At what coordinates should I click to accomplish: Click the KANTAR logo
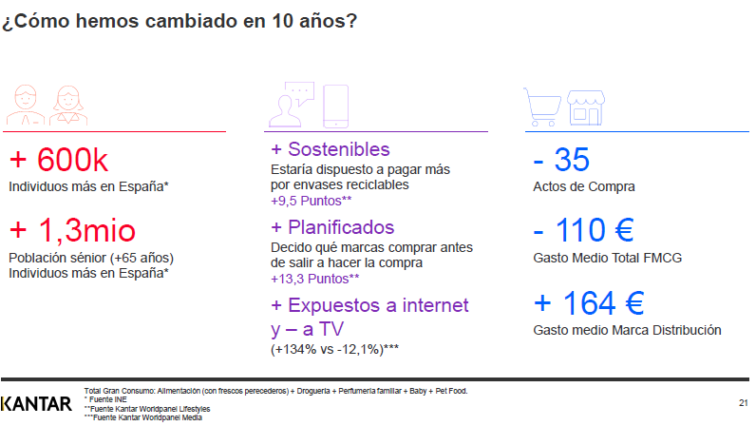pyautogui.click(x=36, y=404)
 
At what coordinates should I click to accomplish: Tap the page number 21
pyautogui.click(x=743, y=403)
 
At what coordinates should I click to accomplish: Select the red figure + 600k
pyautogui.click(x=58, y=160)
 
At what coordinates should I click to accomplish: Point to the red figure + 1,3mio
pyautogui.click(x=72, y=230)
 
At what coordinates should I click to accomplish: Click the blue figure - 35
pyautogui.click(x=561, y=160)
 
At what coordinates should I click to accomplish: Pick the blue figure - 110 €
pyautogui.click(x=583, y=230)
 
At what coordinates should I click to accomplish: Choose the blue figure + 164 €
pyautogui.click(x=589, y=303)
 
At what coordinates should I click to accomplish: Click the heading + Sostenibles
pyautogui.click(x=331, y=149)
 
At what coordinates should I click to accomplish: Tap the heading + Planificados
pyautogui.click(x=332, y=227)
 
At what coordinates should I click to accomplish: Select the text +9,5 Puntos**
pyautogui.click(x=311, y=201)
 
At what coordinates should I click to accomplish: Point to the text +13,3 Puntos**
pyautogui.click(x=314, y=280)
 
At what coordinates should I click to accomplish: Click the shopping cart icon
pyautogui.click(x=542, y=107)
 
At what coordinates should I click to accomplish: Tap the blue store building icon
pyautogui.click(x=586, y=107)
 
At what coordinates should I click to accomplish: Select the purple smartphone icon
pyautogui.click(x=335, y=106)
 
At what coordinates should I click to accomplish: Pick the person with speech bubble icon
pyautogui.click(x=292, y=105)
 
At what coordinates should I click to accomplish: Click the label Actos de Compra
pyautogui.click(x=584, y=187)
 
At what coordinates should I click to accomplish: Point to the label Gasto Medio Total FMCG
pyautogui.click(x=608, y=258)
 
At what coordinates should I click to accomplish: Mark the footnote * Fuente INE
pyautogui.click(x=105, y=400)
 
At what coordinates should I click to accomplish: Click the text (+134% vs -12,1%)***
pyautogui.click(x=334, y=349)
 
